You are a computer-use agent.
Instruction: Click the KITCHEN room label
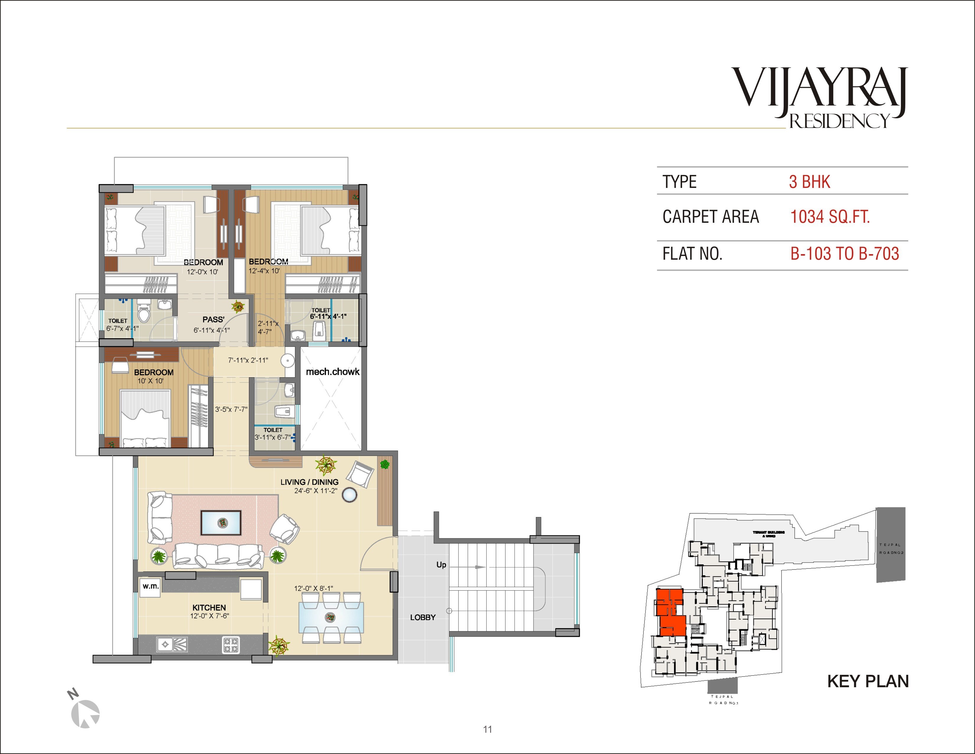coord(209,607)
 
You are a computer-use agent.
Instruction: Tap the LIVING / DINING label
coord(309,482)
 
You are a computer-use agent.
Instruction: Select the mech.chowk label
coord(332,372)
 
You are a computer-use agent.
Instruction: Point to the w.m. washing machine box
coord(151,586)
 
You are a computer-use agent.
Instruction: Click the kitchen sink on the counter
coord(172,644)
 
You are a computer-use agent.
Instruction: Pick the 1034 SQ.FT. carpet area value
coord(830,217)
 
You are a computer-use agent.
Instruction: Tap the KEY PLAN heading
coord(868,682)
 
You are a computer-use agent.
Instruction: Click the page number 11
coord(487,729)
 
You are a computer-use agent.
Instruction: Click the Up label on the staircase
coord(441,565)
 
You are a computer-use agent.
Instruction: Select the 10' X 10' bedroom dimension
coord(151,381)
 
